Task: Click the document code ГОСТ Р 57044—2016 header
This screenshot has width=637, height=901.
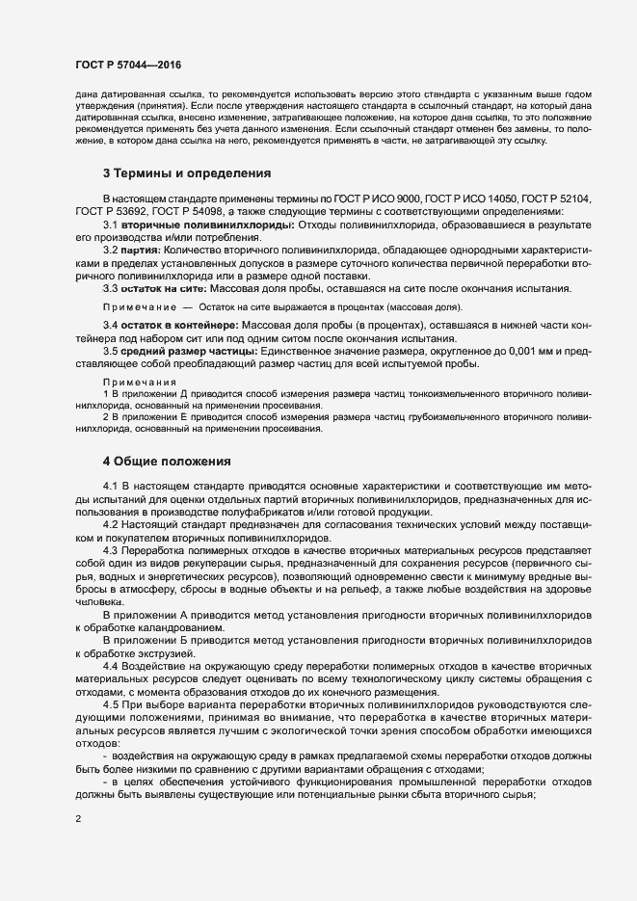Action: pos(128,65)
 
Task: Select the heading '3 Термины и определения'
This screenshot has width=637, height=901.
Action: pos(186,173)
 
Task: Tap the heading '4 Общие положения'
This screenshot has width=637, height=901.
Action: pos(166,462)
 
